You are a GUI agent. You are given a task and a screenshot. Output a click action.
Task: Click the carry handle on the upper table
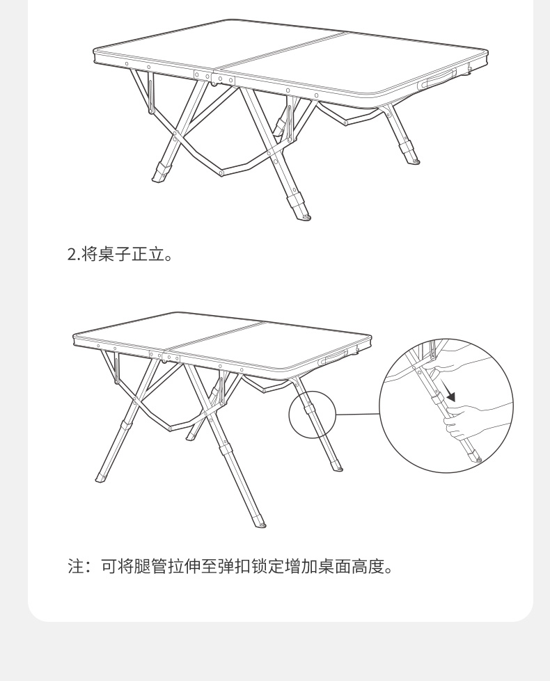[437, 79]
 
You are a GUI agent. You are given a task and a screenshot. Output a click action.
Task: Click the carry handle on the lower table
[333, 358]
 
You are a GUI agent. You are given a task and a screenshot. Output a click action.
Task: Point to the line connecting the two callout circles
[358, 414]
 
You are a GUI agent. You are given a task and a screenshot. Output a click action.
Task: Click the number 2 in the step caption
[72, 254]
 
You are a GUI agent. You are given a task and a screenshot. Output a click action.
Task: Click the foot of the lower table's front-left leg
[102, 478]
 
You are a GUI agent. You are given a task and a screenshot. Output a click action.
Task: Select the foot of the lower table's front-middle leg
[260, 522]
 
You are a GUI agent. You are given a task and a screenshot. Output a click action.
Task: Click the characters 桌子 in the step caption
[114, 254]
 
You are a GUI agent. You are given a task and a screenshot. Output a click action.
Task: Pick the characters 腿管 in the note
[150, 566]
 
